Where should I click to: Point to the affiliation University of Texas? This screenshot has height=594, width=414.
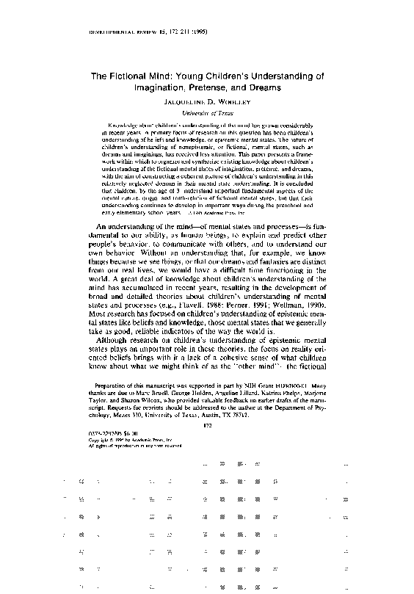click(x=207, y=114)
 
